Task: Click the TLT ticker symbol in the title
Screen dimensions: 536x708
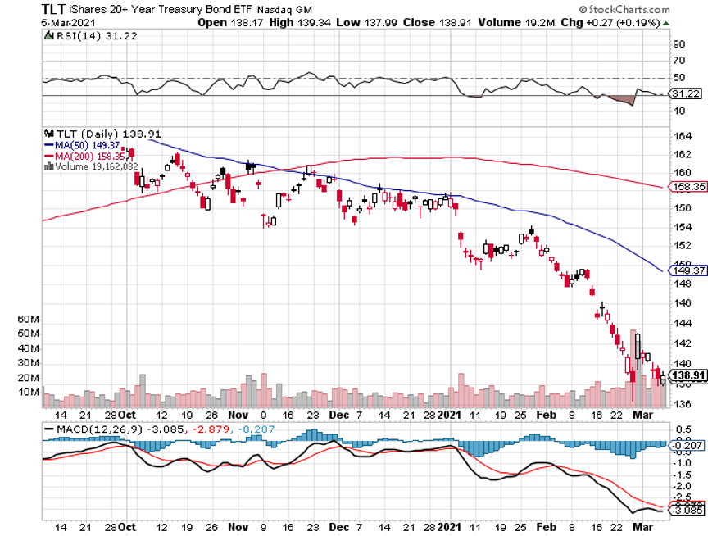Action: [53, 8]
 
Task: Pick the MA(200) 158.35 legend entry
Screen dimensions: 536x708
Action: [83, 155]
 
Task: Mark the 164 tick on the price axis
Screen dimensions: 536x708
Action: [678, 136]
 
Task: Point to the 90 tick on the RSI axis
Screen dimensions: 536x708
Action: [678, 44]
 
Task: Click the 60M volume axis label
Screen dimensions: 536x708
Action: [52, 318]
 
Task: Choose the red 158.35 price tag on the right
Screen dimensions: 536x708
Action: [687, 187]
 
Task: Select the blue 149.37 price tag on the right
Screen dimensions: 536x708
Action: [687, 270]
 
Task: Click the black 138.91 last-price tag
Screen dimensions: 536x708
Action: [687, 376]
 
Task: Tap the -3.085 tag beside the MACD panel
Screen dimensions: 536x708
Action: [687, 510]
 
